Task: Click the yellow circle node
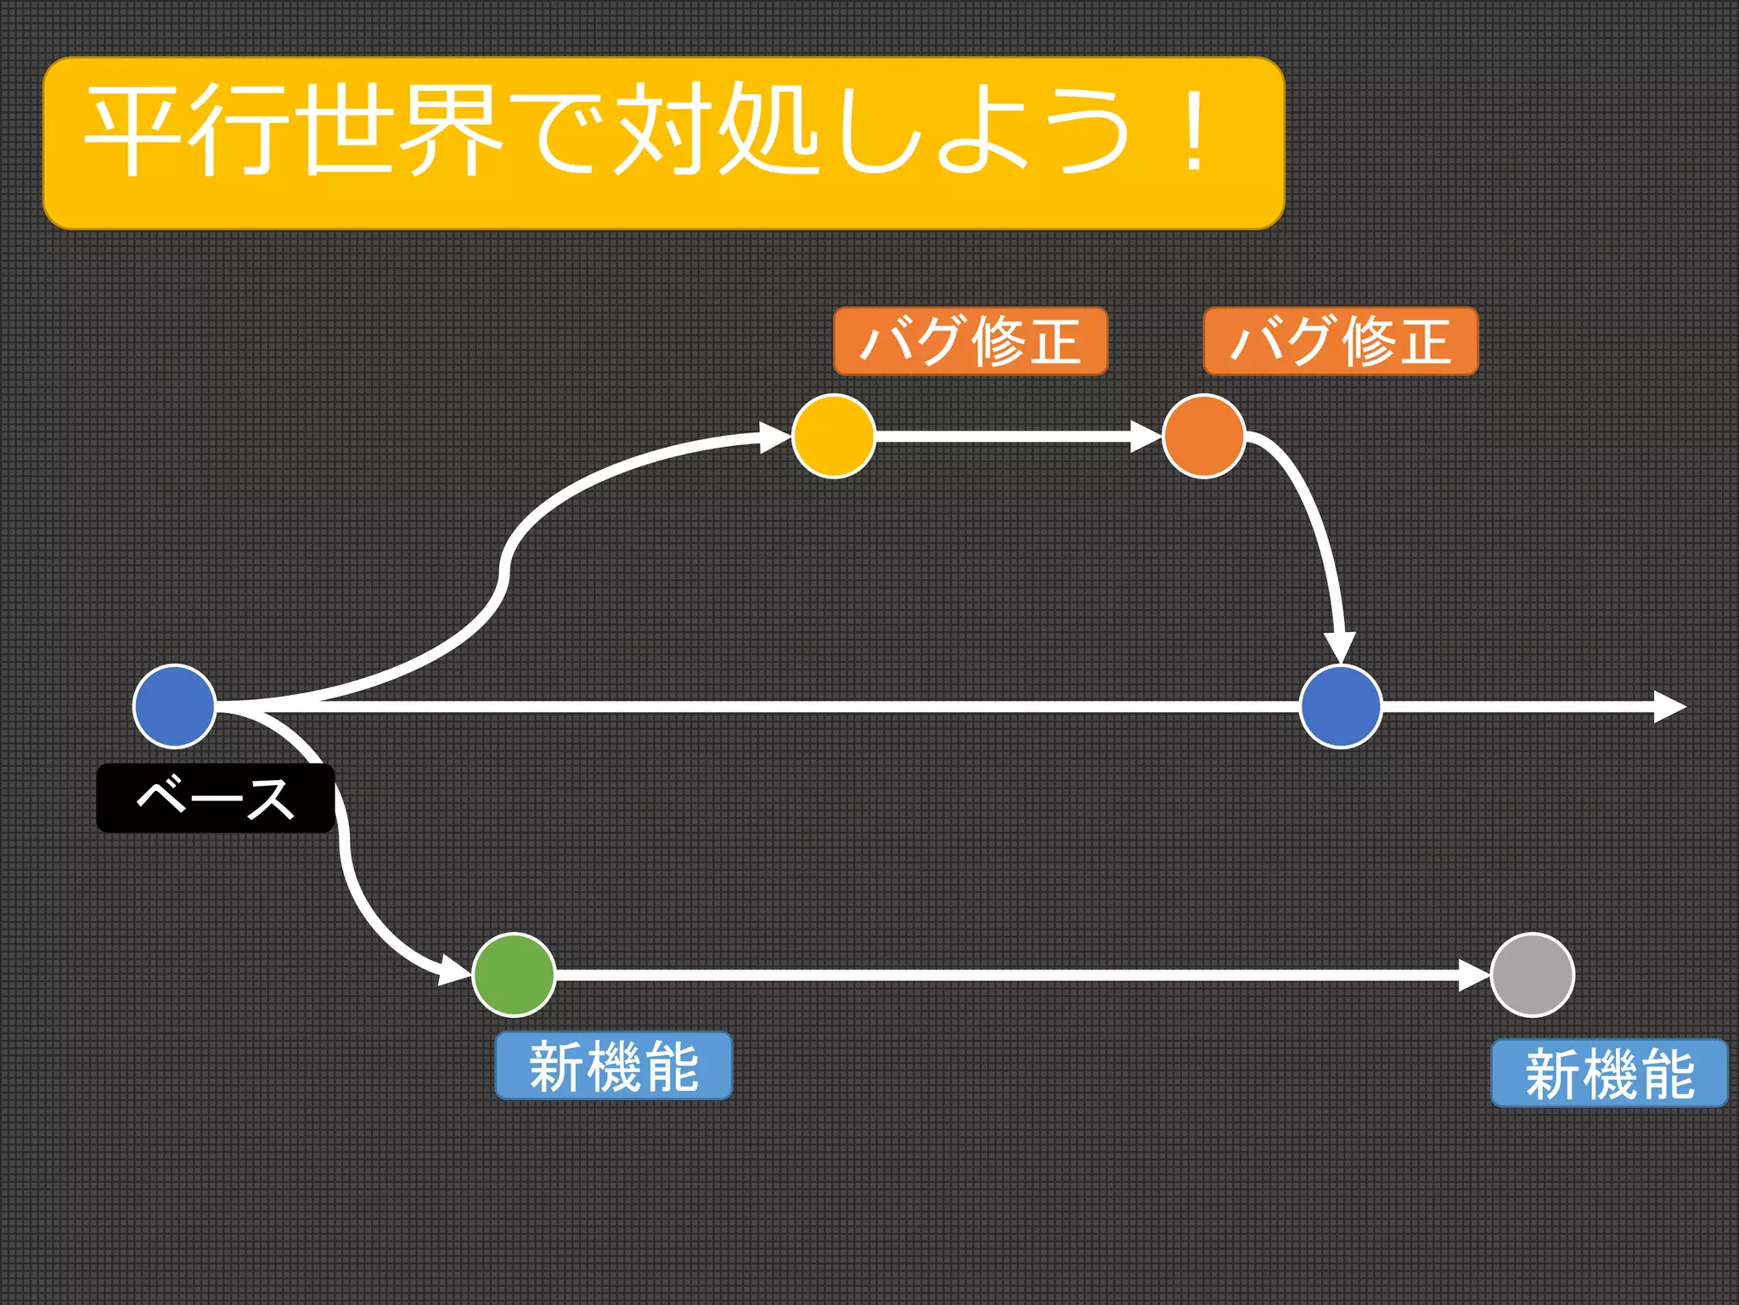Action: pos(833,436)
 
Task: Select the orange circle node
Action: pos(1203,436)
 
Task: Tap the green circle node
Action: pos(514,975)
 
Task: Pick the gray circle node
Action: pos(1532,975)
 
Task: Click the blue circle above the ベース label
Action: pos(175,706)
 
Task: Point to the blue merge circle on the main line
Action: pos(1341,706)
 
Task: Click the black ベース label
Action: pos(215,798)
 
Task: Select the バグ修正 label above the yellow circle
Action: pos(971,341)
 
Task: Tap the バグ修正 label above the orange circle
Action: pos(1341,341)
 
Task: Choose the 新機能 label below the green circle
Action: pos(613,1065)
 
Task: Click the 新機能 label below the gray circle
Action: pos(1609,1073)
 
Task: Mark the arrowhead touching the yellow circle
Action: pos(775,437)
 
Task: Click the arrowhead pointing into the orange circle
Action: pos(1145,437)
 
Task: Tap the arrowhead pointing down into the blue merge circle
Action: pos(1340,647)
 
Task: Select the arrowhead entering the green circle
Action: pos(454,969)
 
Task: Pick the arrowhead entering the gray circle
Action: pos(1474,975)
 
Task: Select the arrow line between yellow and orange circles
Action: pos(1002,437)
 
